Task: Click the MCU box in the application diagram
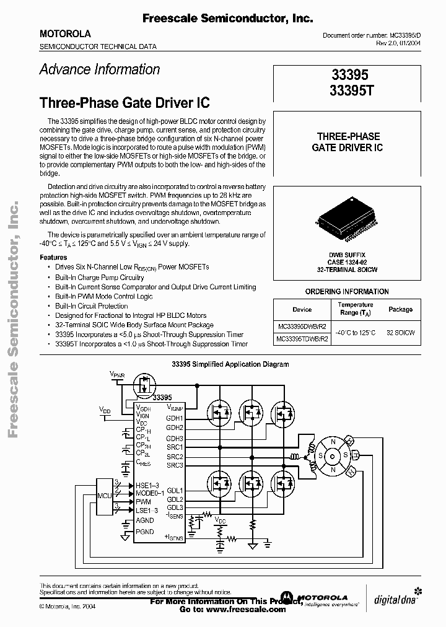[105, 495]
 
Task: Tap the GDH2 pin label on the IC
[175, 427]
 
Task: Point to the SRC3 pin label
[175, 465]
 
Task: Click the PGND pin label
[145, 532]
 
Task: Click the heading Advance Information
[100, 69]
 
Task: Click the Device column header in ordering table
[302, 309]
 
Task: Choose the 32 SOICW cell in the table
[401, 333]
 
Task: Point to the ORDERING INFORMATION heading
[347, 291]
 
